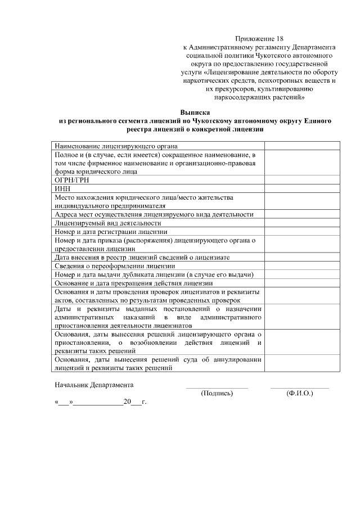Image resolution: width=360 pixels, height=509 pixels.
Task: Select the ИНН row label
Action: [x=61, y=188]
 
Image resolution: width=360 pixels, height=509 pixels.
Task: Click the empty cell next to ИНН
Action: [x=302, y=188]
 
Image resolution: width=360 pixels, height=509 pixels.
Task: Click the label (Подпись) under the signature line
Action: [x=217, y=393]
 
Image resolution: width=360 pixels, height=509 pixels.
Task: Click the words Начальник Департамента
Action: [x=94, y=385]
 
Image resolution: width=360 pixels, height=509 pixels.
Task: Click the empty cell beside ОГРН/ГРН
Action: [x=302, y=180]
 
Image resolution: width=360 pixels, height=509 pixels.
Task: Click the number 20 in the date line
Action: [x=127, y=403]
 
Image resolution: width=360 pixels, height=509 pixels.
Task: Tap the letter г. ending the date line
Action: [x=144, y=403]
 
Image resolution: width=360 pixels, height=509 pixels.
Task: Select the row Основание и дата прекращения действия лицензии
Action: [x=132, y=283]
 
